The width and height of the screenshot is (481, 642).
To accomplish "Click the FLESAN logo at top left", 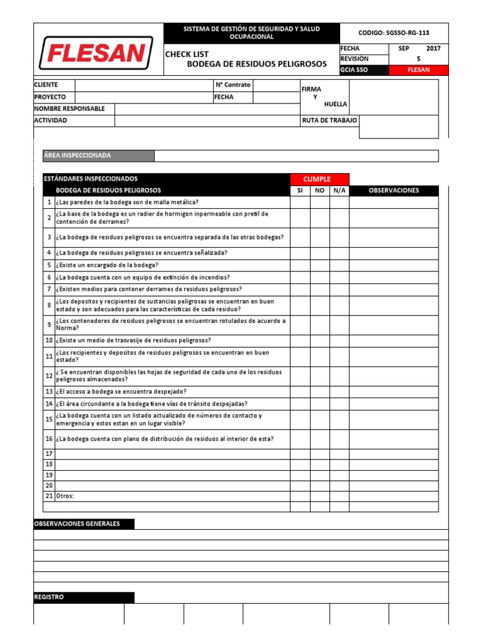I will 96,53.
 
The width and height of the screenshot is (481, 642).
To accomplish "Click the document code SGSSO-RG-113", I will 394,33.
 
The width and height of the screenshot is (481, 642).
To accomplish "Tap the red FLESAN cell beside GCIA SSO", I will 418,70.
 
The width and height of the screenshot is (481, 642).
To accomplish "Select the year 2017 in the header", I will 433,48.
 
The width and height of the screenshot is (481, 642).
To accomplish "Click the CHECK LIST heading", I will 187,54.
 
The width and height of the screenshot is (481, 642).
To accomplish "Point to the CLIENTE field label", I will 46,85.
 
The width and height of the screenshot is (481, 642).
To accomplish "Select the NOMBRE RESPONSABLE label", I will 70,108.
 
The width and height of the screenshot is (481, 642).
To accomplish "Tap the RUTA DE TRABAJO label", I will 329,120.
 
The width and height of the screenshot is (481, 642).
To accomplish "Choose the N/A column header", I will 339,191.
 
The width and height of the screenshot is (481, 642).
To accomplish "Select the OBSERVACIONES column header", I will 393,191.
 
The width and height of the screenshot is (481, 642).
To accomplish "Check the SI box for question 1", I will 300,202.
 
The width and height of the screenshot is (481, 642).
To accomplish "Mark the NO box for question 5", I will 319,265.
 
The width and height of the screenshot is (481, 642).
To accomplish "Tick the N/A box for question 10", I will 339,340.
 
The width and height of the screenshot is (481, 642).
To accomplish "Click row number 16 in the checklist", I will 49,439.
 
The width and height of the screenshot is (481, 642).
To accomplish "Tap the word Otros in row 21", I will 65,496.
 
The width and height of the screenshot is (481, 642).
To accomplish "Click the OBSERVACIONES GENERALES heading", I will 77,524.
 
